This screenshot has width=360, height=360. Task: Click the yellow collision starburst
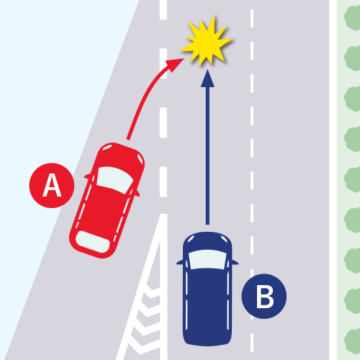(x=207, y=41)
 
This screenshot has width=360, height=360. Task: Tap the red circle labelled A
(x=52, y=185)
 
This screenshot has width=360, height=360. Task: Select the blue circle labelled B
(x=264, y=296)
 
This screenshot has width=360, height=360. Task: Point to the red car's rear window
(x=92, y=242)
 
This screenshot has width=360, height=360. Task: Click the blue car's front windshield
(x=207, y=259)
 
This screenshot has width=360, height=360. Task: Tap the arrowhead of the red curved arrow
(x=175, y=65)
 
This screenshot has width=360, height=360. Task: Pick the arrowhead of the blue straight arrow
(x=207, y=78)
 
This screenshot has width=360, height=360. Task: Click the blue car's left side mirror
(x=180, y=262)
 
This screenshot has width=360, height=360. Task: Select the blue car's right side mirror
(x=235, y=262)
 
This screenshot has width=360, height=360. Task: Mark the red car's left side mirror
(x=89, y=176)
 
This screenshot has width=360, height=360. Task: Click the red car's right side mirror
(x=136, y=194)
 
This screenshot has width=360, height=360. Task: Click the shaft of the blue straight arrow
(x=207, y=156)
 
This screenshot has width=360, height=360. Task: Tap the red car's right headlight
(x=140, y=158)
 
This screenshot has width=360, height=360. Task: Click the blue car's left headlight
(x=191, y=239)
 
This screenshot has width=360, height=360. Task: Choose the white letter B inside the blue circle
(x=265, y=297)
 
